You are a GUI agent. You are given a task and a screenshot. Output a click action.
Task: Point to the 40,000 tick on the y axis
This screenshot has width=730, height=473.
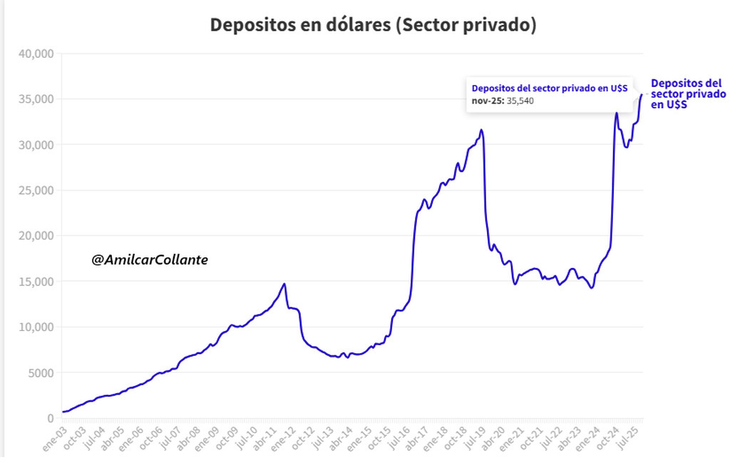(x=35, y=54)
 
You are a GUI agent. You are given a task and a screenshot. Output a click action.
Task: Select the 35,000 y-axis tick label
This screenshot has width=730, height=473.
(x=35, y=99)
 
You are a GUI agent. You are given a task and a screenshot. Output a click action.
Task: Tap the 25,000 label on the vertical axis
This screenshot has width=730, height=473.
(x=35, y=190)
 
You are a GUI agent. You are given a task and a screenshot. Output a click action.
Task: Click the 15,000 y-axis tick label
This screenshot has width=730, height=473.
(x=35, y=281)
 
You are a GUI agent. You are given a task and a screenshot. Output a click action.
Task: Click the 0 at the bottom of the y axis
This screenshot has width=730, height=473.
(x=49, y=418)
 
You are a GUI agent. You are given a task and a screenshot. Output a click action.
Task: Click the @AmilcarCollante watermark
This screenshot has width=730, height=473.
(x=150, y=261)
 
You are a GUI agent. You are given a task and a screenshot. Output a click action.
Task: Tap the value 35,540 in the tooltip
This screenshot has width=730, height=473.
(x=520, y=101)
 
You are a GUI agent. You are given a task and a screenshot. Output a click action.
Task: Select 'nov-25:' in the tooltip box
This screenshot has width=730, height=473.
(x=488, y=101)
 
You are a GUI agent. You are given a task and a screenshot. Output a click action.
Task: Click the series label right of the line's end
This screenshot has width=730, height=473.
(x=688, y=93)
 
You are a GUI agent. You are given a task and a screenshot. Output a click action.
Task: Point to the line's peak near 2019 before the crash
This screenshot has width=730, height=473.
(x=482, y=130)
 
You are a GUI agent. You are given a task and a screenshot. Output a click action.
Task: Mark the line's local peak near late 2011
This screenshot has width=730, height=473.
(x=284, y=284)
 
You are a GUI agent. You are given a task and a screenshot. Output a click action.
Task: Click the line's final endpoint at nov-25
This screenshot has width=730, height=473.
(x=642, y=94)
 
